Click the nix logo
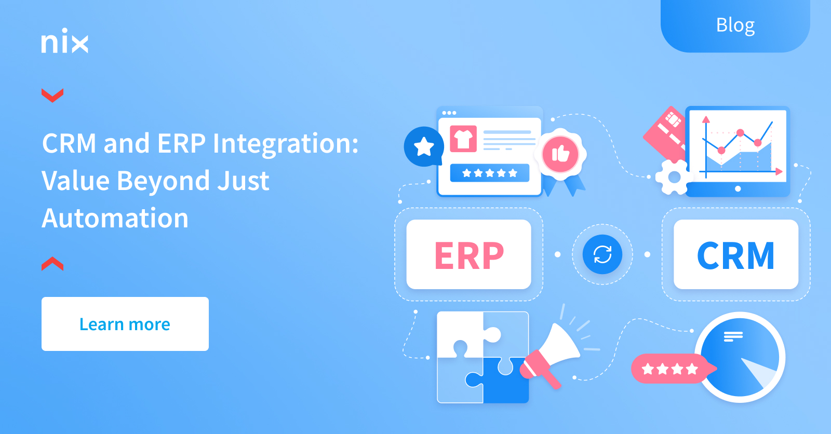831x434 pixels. [65, 40]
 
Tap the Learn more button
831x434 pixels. [125, 324]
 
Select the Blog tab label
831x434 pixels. [735, 25]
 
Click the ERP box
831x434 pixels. [469, 254]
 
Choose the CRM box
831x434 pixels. [736, 254]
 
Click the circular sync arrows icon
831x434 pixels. [602, 254]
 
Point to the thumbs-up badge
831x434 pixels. [560, 154]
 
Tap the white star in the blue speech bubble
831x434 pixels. [424, 146]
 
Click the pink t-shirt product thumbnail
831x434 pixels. [463, 139]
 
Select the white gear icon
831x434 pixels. [674, 178]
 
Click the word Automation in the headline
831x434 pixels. [115, 218]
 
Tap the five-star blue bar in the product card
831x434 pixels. [490, 173]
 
